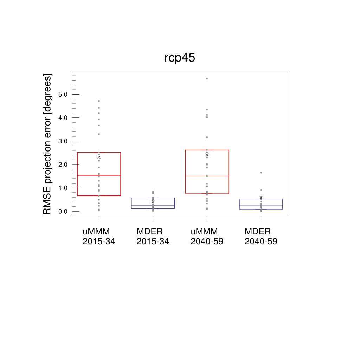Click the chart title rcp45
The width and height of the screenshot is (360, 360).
pos(180,58)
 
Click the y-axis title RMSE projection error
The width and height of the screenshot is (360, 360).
pos(47,144)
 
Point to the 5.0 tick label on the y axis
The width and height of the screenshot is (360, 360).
pos(63,94)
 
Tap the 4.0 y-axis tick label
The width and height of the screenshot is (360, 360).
pos(63,117)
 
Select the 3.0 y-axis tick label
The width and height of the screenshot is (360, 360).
pos(63,141)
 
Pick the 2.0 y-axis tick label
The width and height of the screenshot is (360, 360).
pos(63,165)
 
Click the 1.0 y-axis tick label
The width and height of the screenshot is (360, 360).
pos(63,188)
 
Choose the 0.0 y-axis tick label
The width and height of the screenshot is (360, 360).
pos(63,211)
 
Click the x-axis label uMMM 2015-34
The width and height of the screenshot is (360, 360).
pos(99,237)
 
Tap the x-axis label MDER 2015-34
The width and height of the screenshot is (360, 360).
pos(153,237)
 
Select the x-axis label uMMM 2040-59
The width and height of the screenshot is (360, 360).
pos(207,237)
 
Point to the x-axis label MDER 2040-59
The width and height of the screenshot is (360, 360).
pos(261,237)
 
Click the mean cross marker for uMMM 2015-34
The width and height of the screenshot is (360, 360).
pos(99,157)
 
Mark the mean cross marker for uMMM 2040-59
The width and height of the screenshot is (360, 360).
pos(207,155)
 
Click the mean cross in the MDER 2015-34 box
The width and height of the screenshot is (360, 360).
pos(153,201)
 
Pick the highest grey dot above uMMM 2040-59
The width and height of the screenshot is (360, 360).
pos(207,78)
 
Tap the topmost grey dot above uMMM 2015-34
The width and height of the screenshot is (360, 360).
pos(99,101)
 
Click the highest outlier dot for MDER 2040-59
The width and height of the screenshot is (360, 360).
pos(261,172)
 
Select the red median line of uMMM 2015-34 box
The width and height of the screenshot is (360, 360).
pos(99,175)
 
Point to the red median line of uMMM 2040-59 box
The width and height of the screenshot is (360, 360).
pos(207,176)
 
